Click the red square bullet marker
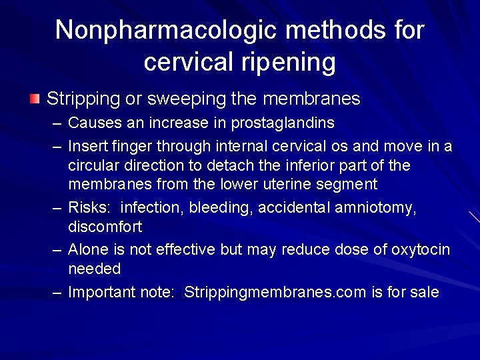point(35,99)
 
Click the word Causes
point(92,123)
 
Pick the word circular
point(94,165)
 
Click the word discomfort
point(105,227)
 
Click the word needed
point(95,269)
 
